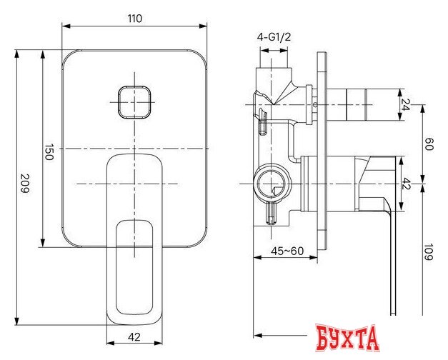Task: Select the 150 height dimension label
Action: (x=49, y=152)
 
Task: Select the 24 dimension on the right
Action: (x=407, y=105)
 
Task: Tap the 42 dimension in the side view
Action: (x=407, y=184)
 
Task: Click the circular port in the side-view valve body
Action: (x=272, y=184)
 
